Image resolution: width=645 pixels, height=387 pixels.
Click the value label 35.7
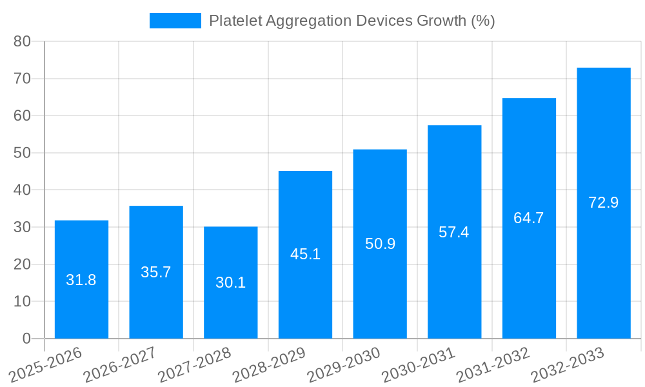(x=156, y=272)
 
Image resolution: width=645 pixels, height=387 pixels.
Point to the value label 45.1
(x=305, y=254)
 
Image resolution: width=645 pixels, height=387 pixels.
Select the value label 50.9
(x=380, y=244)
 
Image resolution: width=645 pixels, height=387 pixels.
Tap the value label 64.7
(x=529, y=218)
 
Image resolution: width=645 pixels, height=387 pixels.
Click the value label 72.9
(x=603, y=203)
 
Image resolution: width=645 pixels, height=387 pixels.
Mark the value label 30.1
(x=230, y=283)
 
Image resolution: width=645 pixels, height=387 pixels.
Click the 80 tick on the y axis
(x=22, y=41)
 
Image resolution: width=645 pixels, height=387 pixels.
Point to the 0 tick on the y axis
(x=26, y=339)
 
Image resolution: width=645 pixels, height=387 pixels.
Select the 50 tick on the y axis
(x=22, y=153)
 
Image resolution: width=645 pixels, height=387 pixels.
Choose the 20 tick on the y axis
(x=22, y=264)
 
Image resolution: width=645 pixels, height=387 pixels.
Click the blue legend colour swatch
(x=175, y=21)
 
